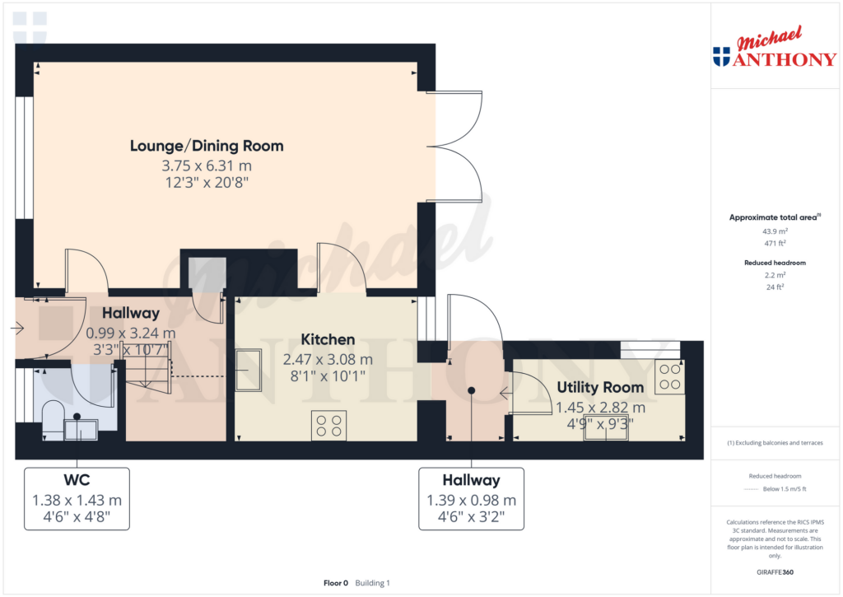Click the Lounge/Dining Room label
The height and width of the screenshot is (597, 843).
(x=207, y=146)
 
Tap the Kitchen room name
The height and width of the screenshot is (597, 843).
(x=328, y=339)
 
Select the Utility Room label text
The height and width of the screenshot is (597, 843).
(x=600, y=387)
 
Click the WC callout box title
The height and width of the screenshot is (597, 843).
(x=77, y=480)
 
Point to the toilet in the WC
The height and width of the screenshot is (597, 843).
(x=53, y=419)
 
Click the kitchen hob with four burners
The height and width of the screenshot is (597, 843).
(x=329, y=426)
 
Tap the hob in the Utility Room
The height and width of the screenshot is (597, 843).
(x=670, y=376)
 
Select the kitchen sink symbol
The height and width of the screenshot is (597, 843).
(x=249, y=370)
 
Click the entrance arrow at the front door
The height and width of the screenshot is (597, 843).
(x=17, y=328)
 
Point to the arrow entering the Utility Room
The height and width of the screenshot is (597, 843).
(x=506, y=394)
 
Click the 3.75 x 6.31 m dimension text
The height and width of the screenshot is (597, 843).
(x=207, y=166)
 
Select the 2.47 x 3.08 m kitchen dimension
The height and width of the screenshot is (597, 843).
(x=328, y=359)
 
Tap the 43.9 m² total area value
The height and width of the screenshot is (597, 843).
(x=775, y=231)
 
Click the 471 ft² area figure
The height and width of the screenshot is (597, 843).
(x=775, y=243)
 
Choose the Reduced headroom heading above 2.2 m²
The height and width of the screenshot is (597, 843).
(x=775, y=263)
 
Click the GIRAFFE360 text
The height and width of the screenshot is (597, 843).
(x=775, y=572)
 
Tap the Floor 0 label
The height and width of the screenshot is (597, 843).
(x=336, y=583)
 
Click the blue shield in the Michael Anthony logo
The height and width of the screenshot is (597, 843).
(x=721, y=57)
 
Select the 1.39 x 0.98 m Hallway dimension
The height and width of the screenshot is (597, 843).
(x=472, y=500)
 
